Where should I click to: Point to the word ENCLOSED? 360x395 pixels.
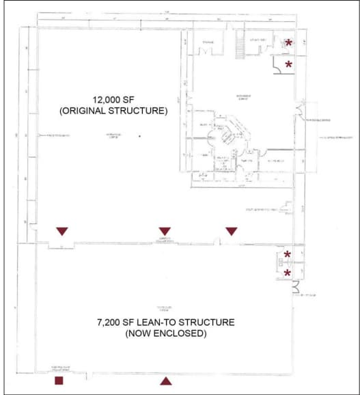click(x=183, y=334)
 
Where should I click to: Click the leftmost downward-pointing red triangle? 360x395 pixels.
click(x=62, y=231)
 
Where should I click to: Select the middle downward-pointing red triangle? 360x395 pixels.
click(x=164, y=231)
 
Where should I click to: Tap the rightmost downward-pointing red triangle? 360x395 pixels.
click(x=232, y=231)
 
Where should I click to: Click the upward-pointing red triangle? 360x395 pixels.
click(x=164, y=380)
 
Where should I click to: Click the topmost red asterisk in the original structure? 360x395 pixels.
click(x=288, y=43)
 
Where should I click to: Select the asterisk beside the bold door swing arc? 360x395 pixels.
click(x=288, y=65)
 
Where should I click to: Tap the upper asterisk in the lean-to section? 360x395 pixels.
click(x=288, y=256)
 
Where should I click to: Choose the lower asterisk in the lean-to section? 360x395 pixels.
click(x=288, y=273)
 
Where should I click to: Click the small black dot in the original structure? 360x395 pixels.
click(x=139, y=136)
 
